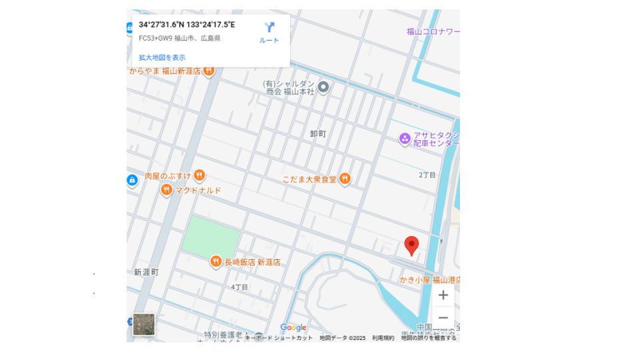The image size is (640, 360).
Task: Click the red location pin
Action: coord(412,245)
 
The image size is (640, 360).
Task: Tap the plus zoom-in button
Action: coord(443,295)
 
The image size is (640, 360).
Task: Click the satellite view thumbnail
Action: coord(144,325)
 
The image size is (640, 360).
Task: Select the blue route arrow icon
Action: coord(269,28)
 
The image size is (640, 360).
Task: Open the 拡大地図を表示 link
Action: coord(162,57)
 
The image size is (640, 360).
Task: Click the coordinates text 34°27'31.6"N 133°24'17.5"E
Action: coord(187,25)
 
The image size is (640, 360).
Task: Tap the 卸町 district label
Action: coord(318,134)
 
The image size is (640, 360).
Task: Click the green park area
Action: coord(211,235)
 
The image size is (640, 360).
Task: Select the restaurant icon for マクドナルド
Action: coord(166,191)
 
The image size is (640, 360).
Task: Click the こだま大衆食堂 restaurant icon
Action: coord(345,179)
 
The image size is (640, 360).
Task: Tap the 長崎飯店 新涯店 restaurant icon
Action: coord(215,262)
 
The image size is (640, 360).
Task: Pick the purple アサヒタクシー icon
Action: coord(404,139)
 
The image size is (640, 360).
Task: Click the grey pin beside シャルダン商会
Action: coord(323,87)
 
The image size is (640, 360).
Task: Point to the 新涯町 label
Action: coord(146,272)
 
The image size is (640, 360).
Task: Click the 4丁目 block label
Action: coord(239,287)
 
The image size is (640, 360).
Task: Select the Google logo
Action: coord(293,327)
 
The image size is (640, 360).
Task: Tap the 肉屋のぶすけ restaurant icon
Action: coord(199,176)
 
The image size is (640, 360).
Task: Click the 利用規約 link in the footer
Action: coord(383,338)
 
